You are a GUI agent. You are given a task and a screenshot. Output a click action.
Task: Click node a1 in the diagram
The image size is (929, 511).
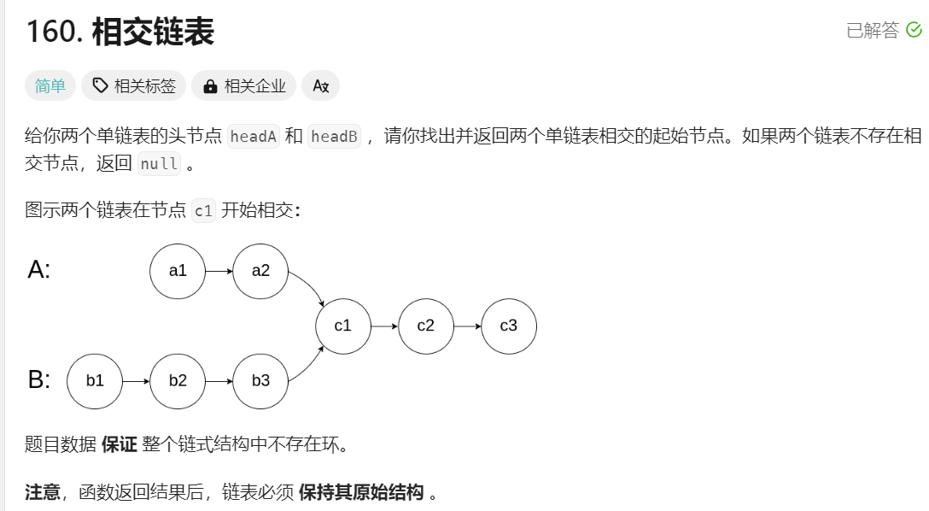click(x=178, y=271)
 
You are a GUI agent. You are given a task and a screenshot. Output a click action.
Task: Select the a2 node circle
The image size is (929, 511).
click(x=260, y=271)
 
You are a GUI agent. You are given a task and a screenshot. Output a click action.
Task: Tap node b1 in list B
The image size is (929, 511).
click(x=95, y=381)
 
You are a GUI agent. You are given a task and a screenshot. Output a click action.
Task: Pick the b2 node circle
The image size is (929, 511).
click(x=178, y=381)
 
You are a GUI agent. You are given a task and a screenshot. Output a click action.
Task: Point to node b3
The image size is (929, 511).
click(x=260, y=381)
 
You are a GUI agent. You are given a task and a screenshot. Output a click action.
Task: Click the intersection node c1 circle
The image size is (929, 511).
click(x=343, y=326)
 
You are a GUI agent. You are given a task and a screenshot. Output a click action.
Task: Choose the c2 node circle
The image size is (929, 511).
click(x=426, y=326)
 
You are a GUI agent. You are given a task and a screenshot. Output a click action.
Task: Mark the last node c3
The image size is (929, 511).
click(x=509, y=326)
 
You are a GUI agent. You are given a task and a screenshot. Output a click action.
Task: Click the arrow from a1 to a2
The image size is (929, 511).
click(x=219, y=271)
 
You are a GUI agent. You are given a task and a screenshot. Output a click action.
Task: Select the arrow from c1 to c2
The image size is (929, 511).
click(x=385, y=326)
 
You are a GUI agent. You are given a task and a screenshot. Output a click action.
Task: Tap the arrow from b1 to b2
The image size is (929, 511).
click(x=137, y=381)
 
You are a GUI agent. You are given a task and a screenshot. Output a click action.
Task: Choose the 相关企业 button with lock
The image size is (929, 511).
click(x=244, y=85)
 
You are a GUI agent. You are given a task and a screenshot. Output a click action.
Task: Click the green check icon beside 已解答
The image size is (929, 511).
click(x=914, y=31)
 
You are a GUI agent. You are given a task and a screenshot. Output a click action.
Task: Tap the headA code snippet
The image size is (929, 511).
click(x=254, y=137)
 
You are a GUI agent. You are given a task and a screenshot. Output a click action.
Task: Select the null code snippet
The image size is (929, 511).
click(x=159, y=164)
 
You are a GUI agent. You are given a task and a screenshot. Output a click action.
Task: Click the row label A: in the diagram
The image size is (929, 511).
click(x=39, y=270)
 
